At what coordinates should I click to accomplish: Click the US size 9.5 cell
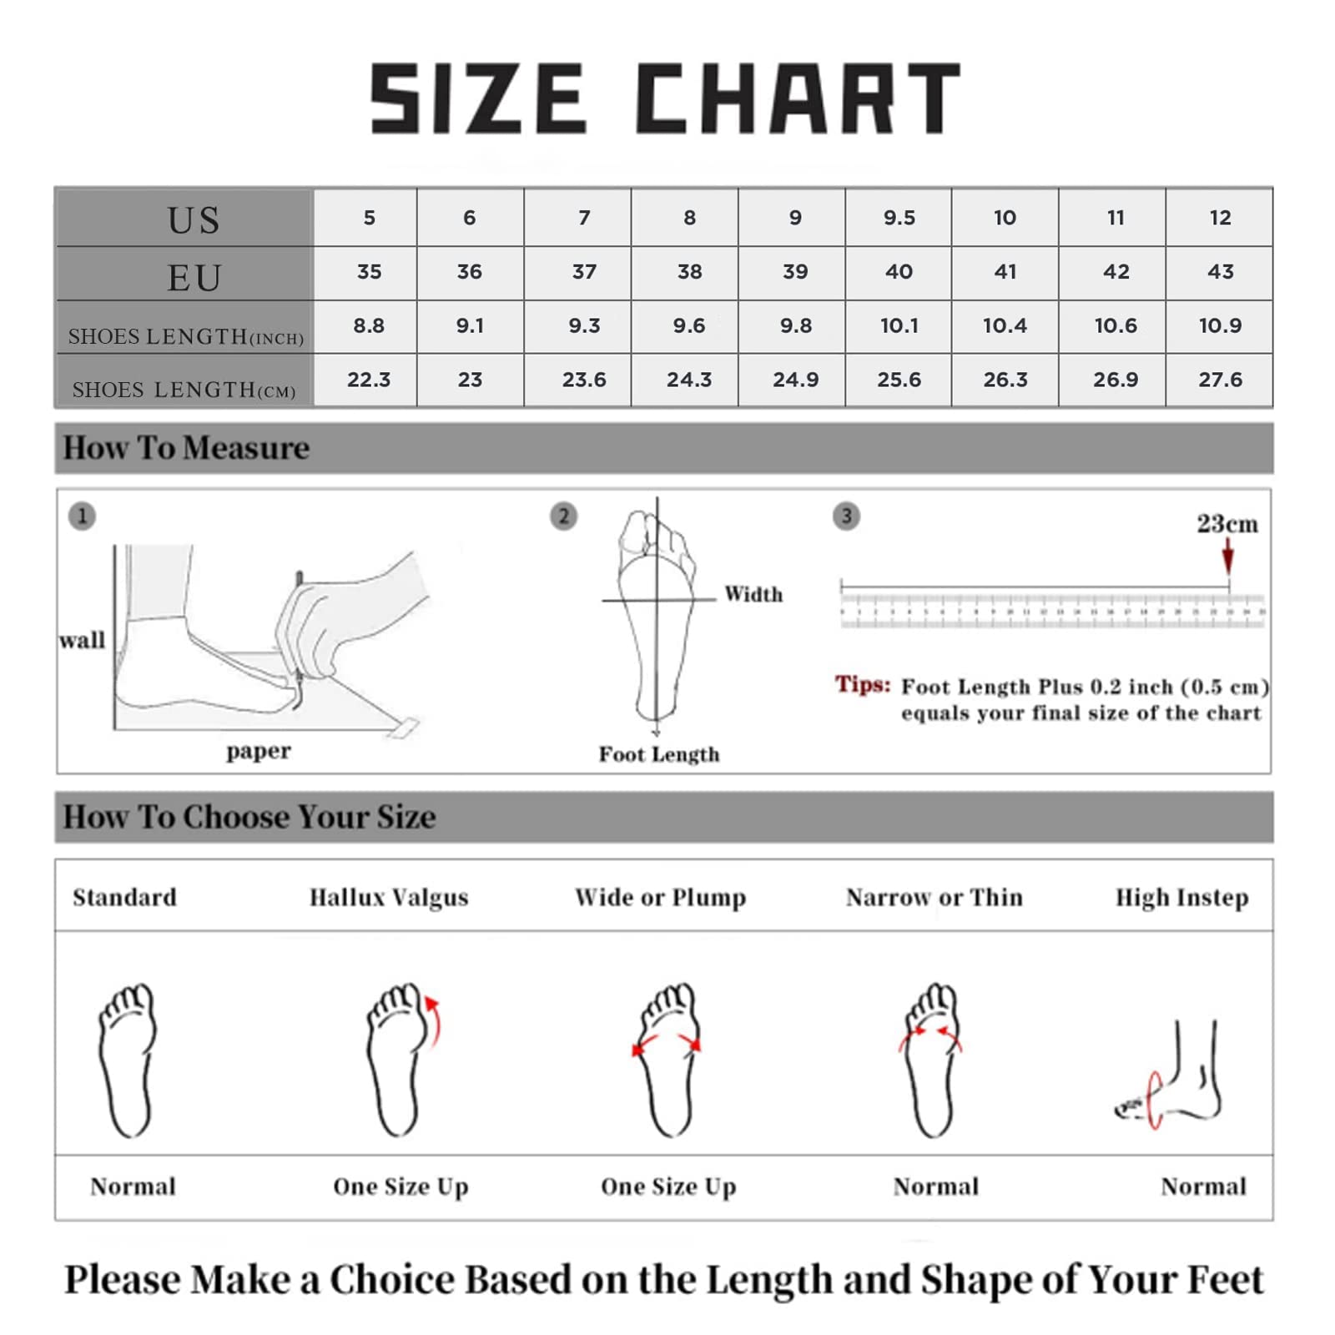coord(899,218)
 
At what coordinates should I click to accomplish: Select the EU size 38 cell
coord(689,272)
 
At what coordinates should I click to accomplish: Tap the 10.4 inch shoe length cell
coord(1005,326)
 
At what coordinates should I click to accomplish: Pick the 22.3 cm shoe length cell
coord(369,380)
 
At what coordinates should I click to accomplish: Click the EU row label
coord(194,277)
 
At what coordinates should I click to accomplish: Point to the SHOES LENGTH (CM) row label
coord(184,390)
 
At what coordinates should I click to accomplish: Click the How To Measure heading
coord(186,448)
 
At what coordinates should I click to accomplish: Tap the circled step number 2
coord(564,516)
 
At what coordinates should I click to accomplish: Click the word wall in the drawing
coord(82,640)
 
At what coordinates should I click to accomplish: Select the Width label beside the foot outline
coord(753,594)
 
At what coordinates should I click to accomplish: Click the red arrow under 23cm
coord(1227,556)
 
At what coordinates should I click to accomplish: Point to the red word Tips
coord(863,685)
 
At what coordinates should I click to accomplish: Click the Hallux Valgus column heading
coord(389,897)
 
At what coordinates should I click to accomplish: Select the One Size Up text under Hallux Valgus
coord(400,1186)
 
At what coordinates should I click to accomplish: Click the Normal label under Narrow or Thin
coord(935,1186)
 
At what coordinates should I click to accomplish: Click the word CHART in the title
coord(798,98)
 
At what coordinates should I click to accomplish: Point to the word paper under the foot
coord(259,751)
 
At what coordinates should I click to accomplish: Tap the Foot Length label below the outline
coord(659,754)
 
